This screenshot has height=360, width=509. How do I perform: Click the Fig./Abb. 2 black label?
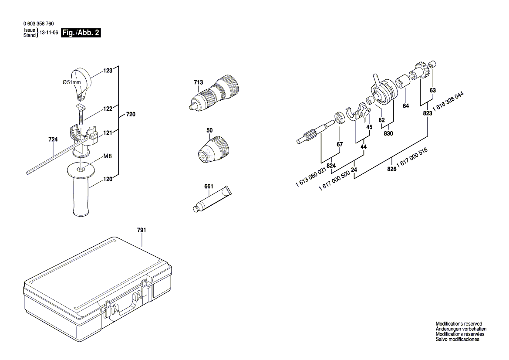(x=81, y=33)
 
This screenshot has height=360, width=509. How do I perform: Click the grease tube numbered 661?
(x=212, y=200)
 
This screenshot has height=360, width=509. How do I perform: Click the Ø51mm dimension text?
(x=72, y=82)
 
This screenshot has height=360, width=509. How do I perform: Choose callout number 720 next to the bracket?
(x=131, y=115)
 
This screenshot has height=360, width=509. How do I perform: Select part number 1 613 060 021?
(x=310, y=178)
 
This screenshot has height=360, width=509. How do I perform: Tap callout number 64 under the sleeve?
(x=406, y=106)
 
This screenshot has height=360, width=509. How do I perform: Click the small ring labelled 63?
(x=431, y=65)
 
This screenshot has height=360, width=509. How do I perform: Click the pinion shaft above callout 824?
(x=313, y=132)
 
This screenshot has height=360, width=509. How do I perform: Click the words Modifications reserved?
(x=459, y=324)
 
